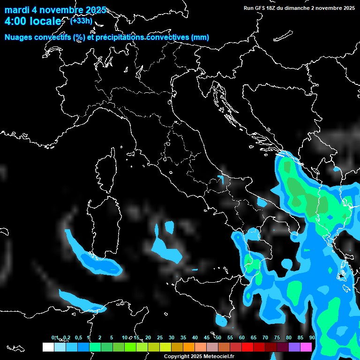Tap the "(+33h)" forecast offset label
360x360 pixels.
tap(81, 21)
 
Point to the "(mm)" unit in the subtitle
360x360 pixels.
tap(200, 37)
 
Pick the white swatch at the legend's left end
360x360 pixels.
tap(48, 347)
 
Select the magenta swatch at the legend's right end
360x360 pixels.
tap(306, 347)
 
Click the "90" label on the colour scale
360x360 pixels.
tap(312, 338)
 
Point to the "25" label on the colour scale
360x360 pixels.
tap(160, 338)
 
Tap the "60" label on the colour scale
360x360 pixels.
tap(242, 338)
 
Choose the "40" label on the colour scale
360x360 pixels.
tap(195, 338)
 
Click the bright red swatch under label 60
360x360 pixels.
tap(247, 347)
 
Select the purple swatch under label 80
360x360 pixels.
tap(294, 347)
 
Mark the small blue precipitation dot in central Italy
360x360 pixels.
tap(221, 178)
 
